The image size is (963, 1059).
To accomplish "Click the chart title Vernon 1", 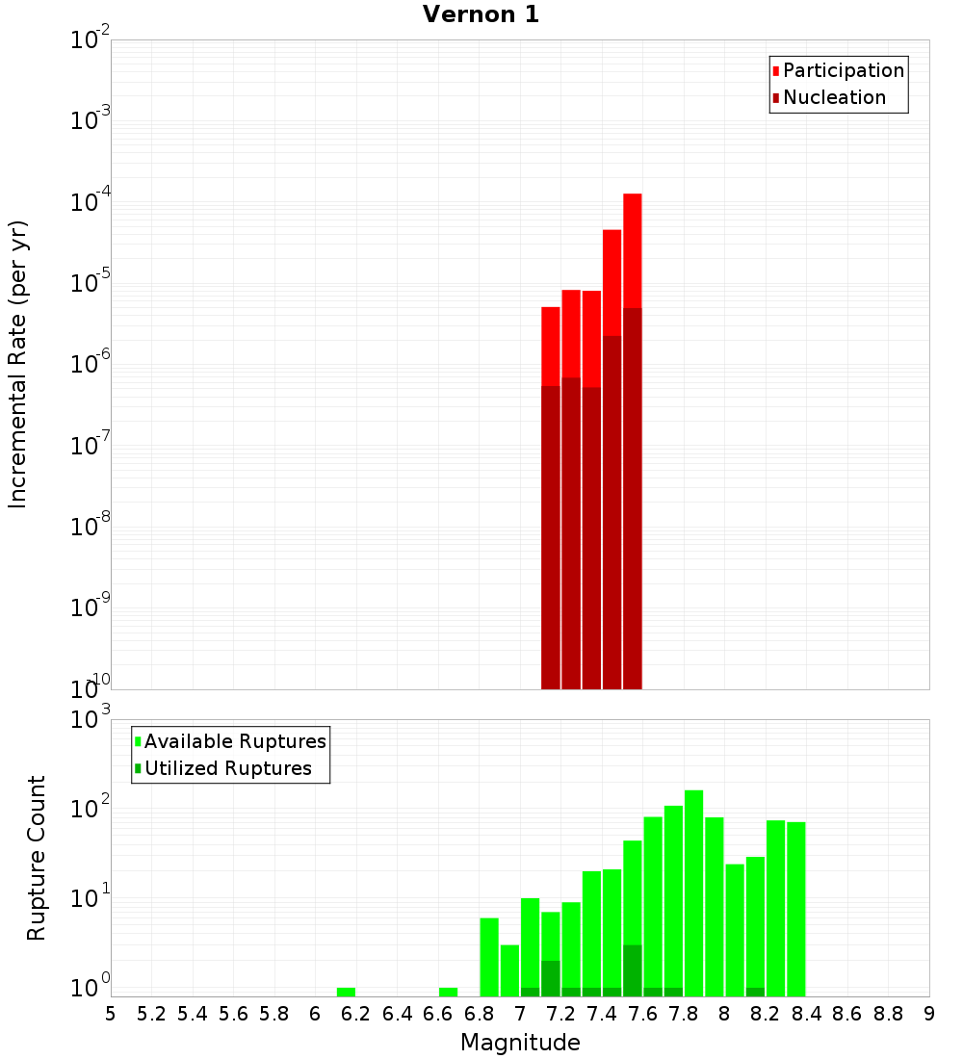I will click(481, 14).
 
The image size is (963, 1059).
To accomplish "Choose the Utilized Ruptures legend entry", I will click(227, 768).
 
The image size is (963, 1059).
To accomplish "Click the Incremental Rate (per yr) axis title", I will click(17, 364).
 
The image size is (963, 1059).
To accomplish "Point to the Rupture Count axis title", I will click(37, 858).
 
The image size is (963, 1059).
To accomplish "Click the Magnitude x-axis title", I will click(520, 1042).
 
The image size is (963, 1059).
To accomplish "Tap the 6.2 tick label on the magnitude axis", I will click(355, 1013).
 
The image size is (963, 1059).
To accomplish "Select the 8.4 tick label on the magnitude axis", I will click(806, 1013).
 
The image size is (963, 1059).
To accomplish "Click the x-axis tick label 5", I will click(111, 1013).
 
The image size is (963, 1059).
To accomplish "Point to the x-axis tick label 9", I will click(929, 1013).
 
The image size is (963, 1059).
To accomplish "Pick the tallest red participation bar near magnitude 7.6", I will click(632, 250).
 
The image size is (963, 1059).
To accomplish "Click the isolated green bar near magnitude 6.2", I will click(346, 992).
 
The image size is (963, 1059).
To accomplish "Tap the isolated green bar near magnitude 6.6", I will click(448, 992).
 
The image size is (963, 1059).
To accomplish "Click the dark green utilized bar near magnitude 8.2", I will click(755, 992).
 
